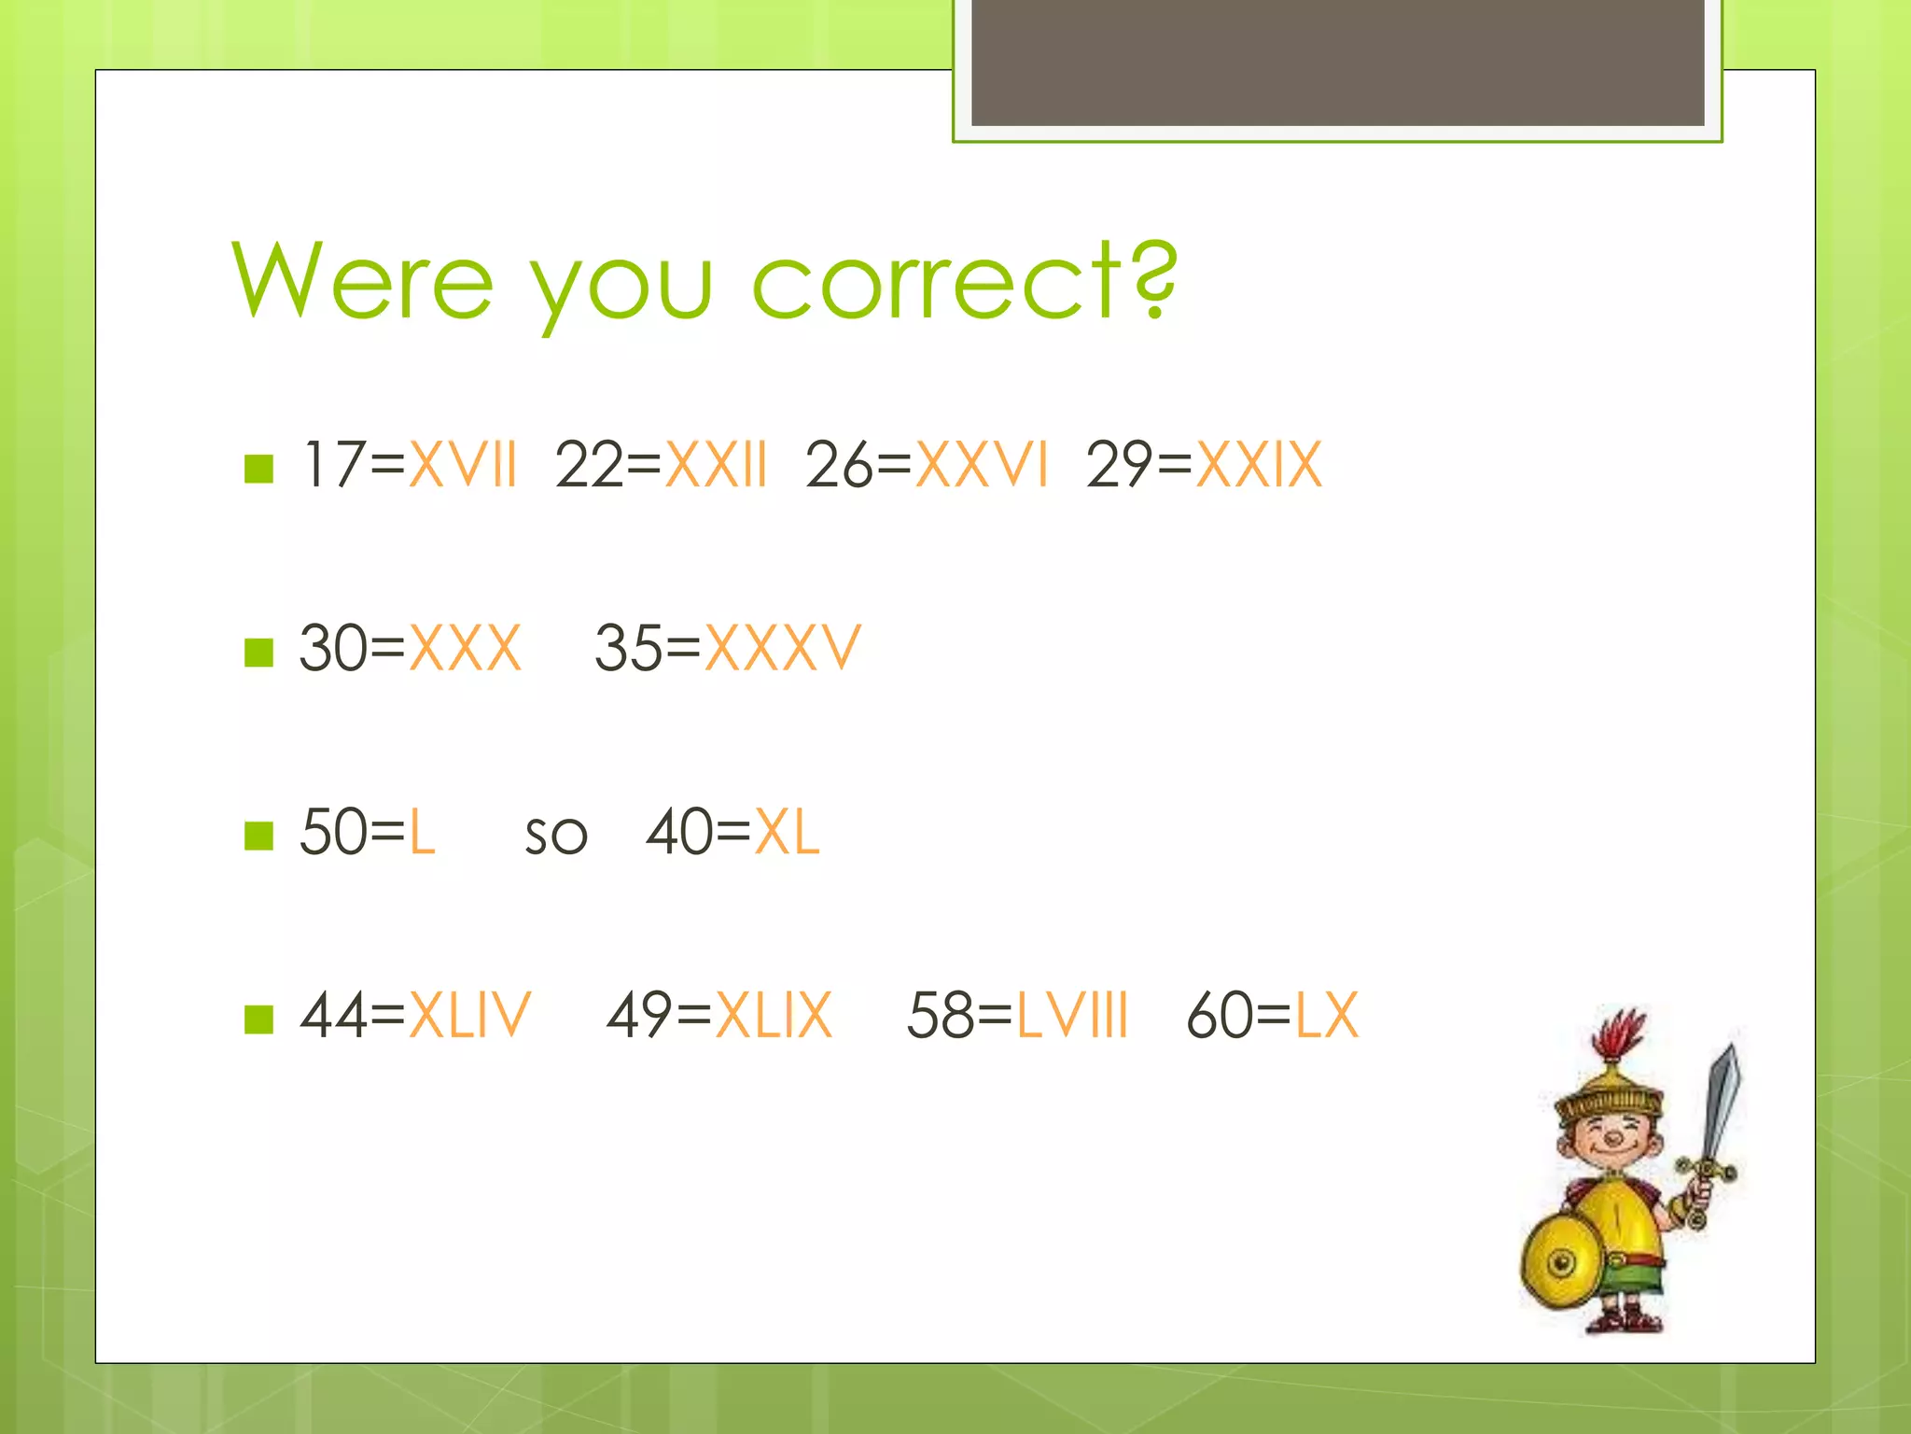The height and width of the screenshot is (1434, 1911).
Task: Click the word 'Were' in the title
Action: pyautogui.click(x=363, y=280)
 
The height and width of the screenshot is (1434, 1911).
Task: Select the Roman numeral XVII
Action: pyautogui.click(x=463, y=464)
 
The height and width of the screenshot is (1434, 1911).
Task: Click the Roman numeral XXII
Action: pyautogui.click(x=716, y=464)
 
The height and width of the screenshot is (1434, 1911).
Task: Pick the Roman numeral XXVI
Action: pyautogui.click(x=982, y=464)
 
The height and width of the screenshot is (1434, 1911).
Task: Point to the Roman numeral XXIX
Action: pyautogui.click(x=1259, y=464)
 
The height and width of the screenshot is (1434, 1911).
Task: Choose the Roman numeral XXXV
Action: pyautogui.click(x=782, y=648)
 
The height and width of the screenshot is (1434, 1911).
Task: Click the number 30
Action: pyautogui.click(x=332, y=648)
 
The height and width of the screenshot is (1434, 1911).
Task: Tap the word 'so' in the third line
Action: pyautogui.click(x=556, y=835)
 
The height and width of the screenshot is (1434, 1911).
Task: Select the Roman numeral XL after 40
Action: pyautogui.click(x=787, y=832)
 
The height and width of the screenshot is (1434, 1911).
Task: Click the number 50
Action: pyautogui.click(x=332, y=832)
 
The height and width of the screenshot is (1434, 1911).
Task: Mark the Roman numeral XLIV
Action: pyautogui.click(x=469, y=1015)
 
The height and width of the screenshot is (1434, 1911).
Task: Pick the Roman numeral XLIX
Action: pyautogui.click(x=774, y=1015)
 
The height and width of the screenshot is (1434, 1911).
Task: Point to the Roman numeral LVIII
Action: pyautogui.click(x=1072, y=1015)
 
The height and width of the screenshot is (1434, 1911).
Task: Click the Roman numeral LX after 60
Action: pyautogui.click(x=1327, y=1015)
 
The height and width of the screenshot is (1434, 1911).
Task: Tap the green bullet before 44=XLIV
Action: pyautogui.click(x=258, y=1019)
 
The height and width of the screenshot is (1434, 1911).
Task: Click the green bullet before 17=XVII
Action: pyautogui.click(x=258, y=469)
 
